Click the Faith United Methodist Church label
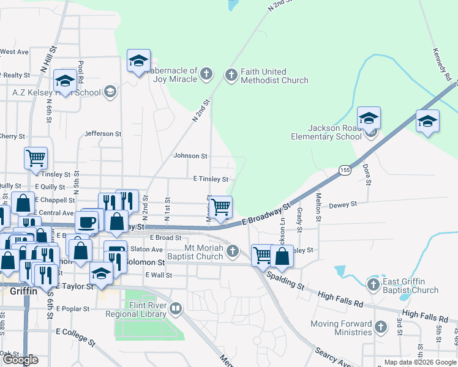[x=274, y=76]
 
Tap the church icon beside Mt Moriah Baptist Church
[x=232, y=251]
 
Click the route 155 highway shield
[x=345, y=171]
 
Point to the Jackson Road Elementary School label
[x=326, y=132]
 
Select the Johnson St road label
[x=190, y=156]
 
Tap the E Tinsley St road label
[x=211, y=179]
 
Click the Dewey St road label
[x=343, y=206]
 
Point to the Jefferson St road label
[x=99, y=133]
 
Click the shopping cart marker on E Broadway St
[x=220, y=207]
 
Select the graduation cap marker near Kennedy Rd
[x=427, y=121]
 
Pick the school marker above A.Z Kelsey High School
[x=64, y=82]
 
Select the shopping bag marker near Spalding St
[x=281, y=255]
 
